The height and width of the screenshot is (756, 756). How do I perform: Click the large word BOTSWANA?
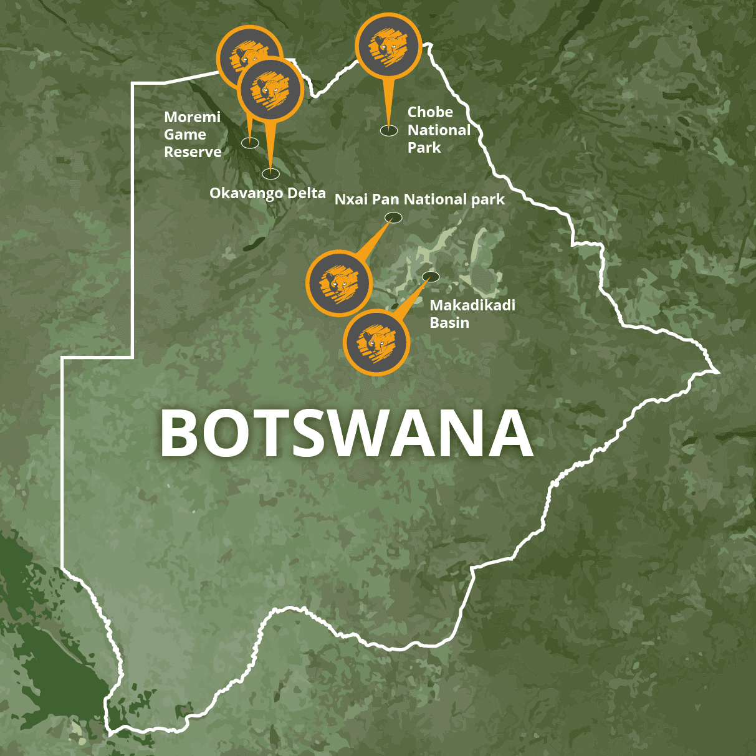pyautogui.click(x=347, y=433)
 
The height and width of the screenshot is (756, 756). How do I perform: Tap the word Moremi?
pyautogui.click(x=192, y=117)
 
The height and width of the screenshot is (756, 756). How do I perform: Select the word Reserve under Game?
pyautogui.click(x=193, y=152)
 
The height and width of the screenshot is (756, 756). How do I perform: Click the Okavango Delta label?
pyautogui.click(x=267, y=193)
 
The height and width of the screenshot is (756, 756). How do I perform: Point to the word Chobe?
pyautogui.click(x=430, y=112)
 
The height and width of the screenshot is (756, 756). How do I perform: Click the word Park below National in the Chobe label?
pyautogui.click(x=424, y=148)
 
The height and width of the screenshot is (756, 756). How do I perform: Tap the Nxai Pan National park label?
pyautogui.click(x=419, y=199)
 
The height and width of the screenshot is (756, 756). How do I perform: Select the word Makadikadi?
pyautogui.click(x=472, y=305)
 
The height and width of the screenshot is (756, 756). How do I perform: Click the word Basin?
pyautogui.click(x=449, y=323)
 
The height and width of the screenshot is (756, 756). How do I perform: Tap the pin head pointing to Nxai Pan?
pyautogui.click(x=339, y=283)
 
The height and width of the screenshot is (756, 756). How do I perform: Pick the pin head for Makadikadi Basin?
pyautogui.click(x=376, y=342)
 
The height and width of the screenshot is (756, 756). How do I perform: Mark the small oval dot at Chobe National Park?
pyautogui.click(x=389, y=131)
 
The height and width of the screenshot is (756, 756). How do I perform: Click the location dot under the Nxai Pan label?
pyautogui.click(x=393, y=218)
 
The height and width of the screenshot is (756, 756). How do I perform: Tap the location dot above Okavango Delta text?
pyautogui.click(x=271, y=174)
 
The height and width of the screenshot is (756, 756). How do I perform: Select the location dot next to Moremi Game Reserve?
pyautogui.click(x=251, y=143)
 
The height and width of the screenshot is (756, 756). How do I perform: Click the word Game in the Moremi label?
pyautogui.click(x=185, y=135)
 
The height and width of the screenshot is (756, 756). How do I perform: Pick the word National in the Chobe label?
pyautogui.click(x=439, y=130)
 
